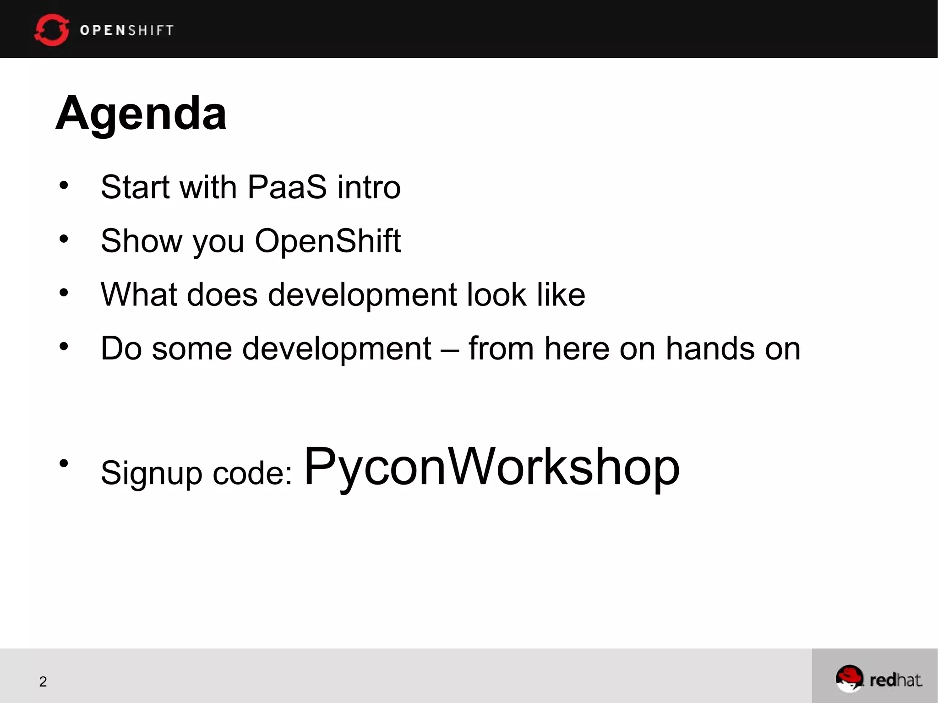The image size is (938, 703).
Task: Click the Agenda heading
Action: tap(141, 113)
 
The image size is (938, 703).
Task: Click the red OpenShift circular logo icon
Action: tap(51, 30)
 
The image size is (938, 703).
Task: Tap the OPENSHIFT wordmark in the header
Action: tap(127, 30)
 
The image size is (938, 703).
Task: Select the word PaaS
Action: tap(287, 187)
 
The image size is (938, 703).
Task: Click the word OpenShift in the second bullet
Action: tap(327, 240)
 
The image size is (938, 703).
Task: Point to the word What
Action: tap(138, 294)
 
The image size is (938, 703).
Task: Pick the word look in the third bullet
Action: tap(496, 294)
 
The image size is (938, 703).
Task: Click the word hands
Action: tap(710, 349)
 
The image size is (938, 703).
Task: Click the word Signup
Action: tap(151, 473)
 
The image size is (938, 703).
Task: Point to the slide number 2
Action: tap(43, 681)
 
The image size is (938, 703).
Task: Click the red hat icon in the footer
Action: tap(849, 678)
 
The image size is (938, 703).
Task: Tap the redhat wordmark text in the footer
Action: tap(895, 680)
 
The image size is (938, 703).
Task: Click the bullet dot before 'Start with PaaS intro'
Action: tap(64, 185)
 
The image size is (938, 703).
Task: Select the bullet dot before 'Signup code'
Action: tap(64, 463)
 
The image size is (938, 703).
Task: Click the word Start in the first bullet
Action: tap(135, 187)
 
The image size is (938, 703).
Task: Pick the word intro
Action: tap(369, 187)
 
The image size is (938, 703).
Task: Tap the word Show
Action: tap(141, 240)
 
